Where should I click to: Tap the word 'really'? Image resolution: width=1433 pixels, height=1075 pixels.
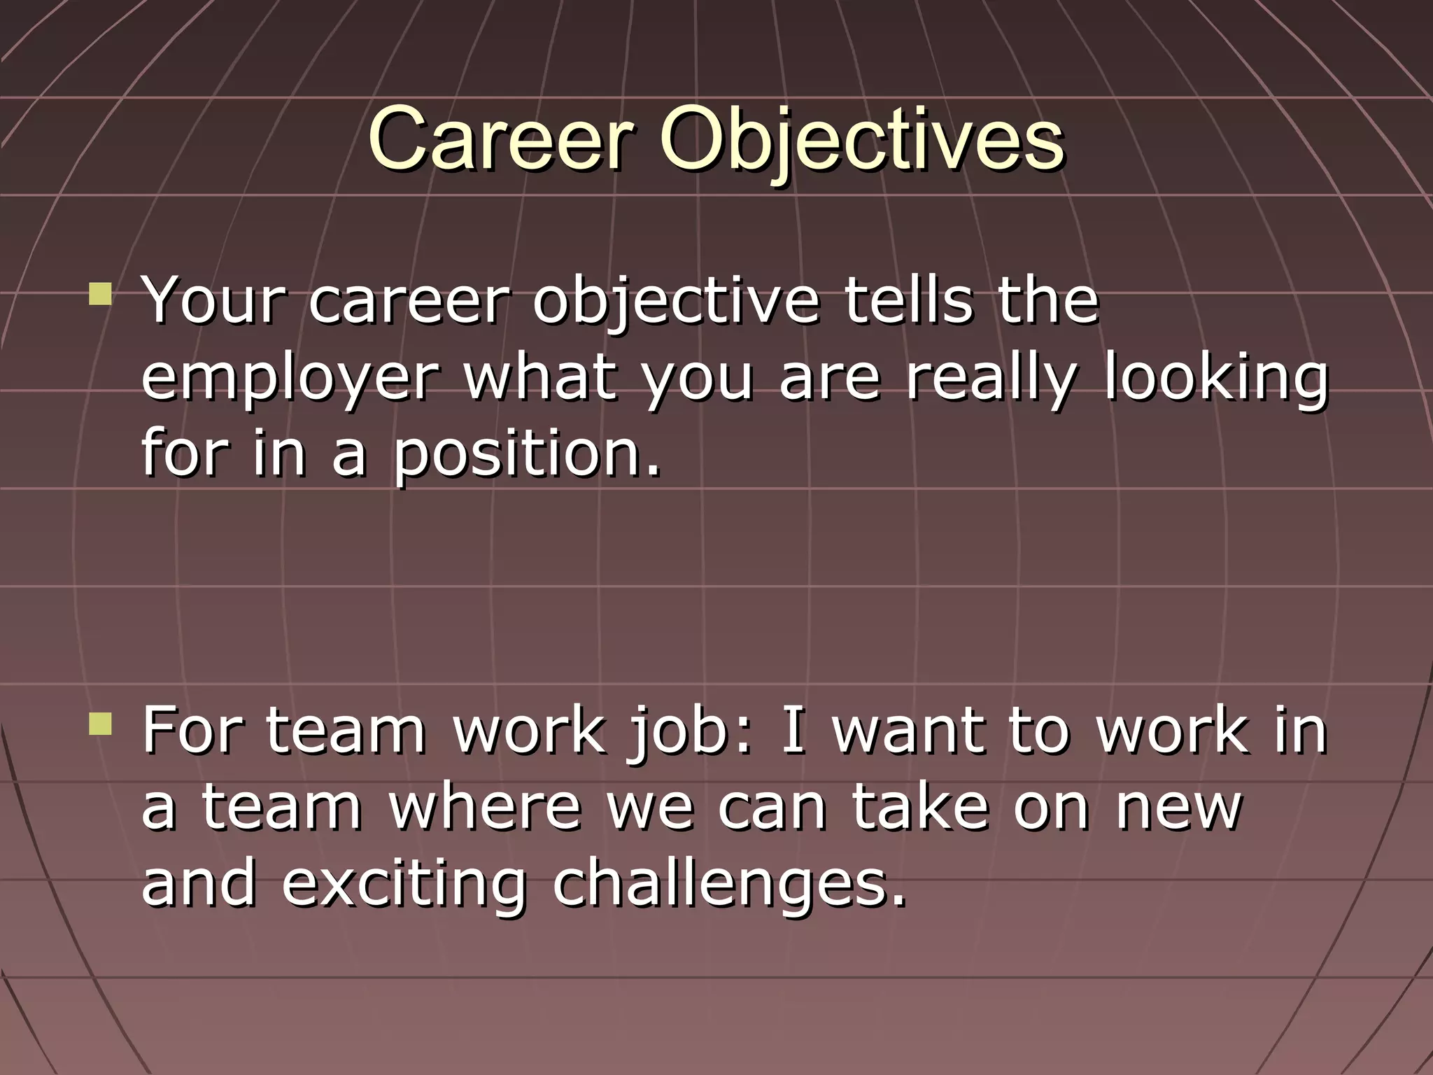(990, 378)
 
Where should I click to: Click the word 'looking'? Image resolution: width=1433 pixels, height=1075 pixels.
(1216, 378)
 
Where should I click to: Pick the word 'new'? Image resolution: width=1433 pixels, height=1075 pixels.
(1179, 808)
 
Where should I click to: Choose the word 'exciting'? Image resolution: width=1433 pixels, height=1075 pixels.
(404, 885)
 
